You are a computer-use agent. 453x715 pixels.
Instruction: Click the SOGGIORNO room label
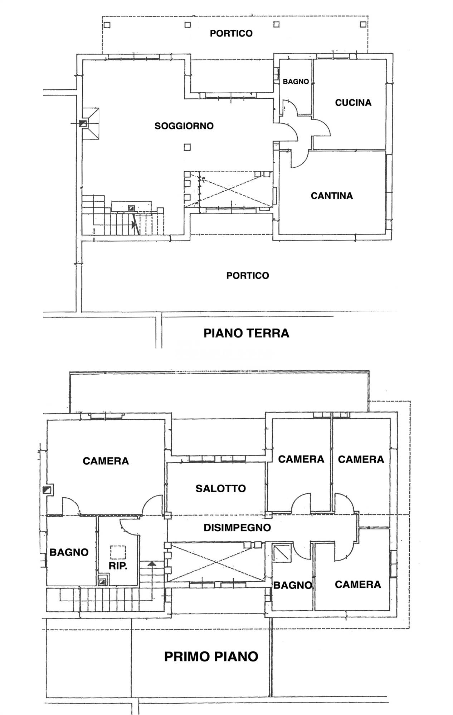pyautogui.click(x=184, y=126)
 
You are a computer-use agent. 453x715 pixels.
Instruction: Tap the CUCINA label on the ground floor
pyautogui.click(x=353, y=103)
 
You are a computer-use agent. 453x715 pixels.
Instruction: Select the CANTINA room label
pyautogui.click(x=332, y=196)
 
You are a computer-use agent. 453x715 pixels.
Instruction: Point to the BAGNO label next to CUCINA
pyautogui.click(x=296, y=82)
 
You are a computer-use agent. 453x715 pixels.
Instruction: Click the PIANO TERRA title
pyautogui.click(x=246, y=333)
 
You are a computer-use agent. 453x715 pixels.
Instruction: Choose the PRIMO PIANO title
pyautogui.click(x=211, y=656)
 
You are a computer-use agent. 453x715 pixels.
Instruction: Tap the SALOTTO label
pyautogui.click(x=220, y=488)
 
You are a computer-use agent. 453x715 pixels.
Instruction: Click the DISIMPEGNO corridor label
pyautogui.click(x=237, y=527)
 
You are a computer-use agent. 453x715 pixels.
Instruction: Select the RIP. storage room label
pyautogui.click(x=118, y=566)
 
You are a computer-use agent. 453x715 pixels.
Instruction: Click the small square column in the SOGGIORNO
pyautogui.click(x=187, y=147)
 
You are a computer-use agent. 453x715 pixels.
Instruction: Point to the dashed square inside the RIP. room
pyautogui.click(x=118, y=552)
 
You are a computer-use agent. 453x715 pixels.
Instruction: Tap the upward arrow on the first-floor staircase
pyautogui.click(x=152, y=564)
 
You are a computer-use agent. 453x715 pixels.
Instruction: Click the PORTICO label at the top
pyautogui.click(x=231, y=33)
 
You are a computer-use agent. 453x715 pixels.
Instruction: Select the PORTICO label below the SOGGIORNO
pyautogui.click(x=248, y=275)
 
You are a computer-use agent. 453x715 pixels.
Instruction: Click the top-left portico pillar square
pyautogui.click(x=107, y=25)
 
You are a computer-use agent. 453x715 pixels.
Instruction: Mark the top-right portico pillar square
pyautogui.click(x=363, y=25)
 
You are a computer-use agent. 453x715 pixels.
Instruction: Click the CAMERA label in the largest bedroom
pyautogui.click(x=106, y=461)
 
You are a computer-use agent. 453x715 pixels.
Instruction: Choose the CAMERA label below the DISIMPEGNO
pyautogui.click(x=357, y=584)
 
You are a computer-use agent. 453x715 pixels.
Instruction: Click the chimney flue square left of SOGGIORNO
pyautogui.click(x=83, y=124)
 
